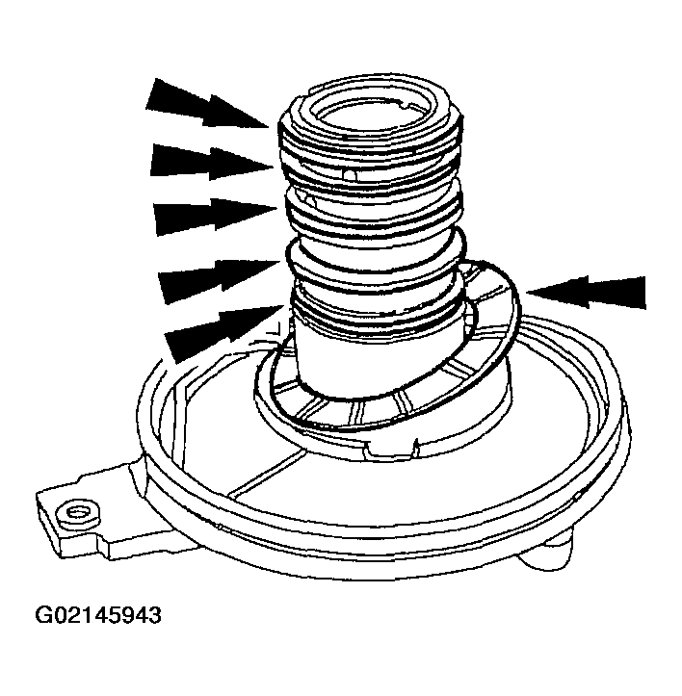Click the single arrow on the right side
588,292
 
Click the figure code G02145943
98,614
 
